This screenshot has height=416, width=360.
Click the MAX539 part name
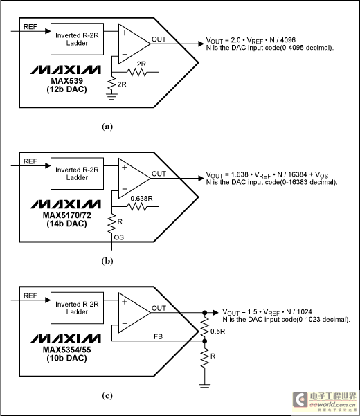point(67,81)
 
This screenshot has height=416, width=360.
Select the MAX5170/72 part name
point(67,215)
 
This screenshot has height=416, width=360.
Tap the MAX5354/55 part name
point(67,350)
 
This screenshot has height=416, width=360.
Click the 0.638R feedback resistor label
point(141,199)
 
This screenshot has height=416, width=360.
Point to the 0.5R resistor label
point(217,332)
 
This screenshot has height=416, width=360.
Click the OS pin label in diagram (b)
point(119,237)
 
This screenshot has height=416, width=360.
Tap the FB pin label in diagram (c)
point(158,336)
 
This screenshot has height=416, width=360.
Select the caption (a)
point(107,127)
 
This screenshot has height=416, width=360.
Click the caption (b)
point(107,261)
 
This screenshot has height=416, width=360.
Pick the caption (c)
point(107,395)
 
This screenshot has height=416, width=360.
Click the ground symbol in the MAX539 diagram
point(111,96)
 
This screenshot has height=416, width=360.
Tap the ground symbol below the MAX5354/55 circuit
point(204,387)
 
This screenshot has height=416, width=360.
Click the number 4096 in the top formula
point(288,40)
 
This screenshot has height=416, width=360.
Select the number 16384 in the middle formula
point(298,174)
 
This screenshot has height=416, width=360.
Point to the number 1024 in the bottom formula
point(305,311)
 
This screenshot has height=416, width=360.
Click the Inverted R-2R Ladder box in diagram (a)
point(78,39)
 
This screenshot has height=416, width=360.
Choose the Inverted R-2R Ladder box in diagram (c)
point(78,308)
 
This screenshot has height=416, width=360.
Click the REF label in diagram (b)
point(30,161)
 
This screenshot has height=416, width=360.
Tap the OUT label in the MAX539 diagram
point(159,39)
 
